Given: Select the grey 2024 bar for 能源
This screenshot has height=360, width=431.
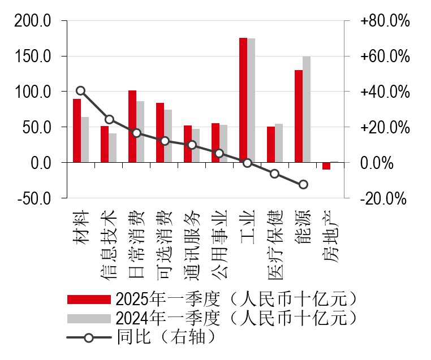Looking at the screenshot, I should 307,110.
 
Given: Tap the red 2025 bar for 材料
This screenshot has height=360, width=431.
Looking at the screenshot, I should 77,131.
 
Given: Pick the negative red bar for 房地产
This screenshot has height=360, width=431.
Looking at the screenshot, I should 326,166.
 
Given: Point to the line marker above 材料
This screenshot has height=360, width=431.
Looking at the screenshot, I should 81,90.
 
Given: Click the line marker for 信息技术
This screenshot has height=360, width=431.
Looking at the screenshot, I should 110,119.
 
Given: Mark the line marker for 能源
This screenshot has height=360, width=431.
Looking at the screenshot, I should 303,184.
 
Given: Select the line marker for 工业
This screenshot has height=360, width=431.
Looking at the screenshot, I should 247,163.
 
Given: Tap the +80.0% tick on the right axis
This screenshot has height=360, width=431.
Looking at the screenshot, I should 384,21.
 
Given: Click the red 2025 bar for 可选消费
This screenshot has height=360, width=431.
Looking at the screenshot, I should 160,133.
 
